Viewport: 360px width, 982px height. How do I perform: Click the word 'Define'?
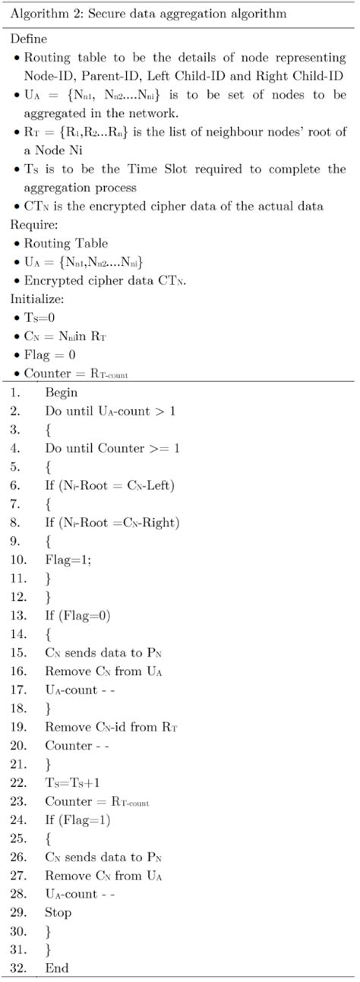pyautogui.click(x=28, y=38)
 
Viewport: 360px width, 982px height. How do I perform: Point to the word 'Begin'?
pyautogui.click(x=62, y=393)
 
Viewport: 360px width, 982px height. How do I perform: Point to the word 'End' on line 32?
pyautogui.click(x=56, y=968)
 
